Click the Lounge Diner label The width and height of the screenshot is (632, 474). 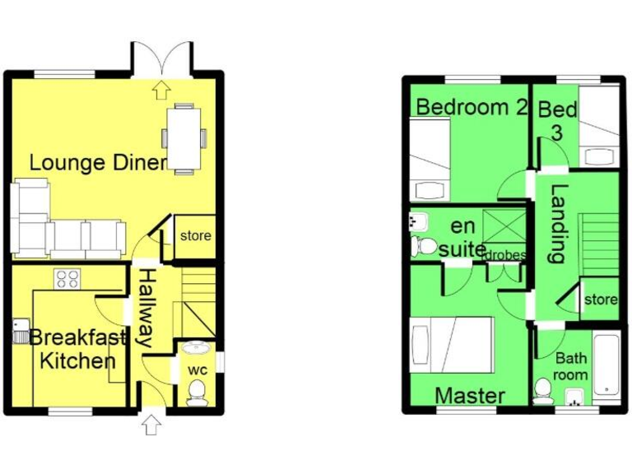(x=99, y=162)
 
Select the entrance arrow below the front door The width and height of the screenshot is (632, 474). (x=151, y=425)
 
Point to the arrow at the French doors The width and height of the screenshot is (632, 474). (x=161, y=86)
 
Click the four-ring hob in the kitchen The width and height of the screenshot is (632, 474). (x=67, y=279)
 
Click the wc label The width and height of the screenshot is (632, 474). (x=197, y=369)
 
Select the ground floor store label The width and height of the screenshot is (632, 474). (x=195, y=236)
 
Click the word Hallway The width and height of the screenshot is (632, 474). (x=145, y=309)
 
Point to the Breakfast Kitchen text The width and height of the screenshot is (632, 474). (x=78, y=349)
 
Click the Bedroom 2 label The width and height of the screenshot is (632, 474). (x=471, y=107)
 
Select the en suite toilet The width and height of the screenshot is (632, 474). (x=425, y=245)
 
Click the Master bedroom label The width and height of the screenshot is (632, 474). (x=470, y=396)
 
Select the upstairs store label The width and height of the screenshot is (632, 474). (x=600, y=300)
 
